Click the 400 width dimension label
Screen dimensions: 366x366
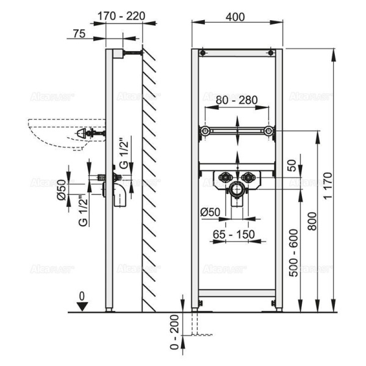(237, 16)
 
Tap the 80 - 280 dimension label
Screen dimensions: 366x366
(237, 99)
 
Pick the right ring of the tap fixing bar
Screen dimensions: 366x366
(269, 131)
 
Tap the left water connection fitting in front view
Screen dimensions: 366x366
(225, 179)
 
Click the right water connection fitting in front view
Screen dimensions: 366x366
(248, 179)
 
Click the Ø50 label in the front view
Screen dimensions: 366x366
(209, 212)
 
